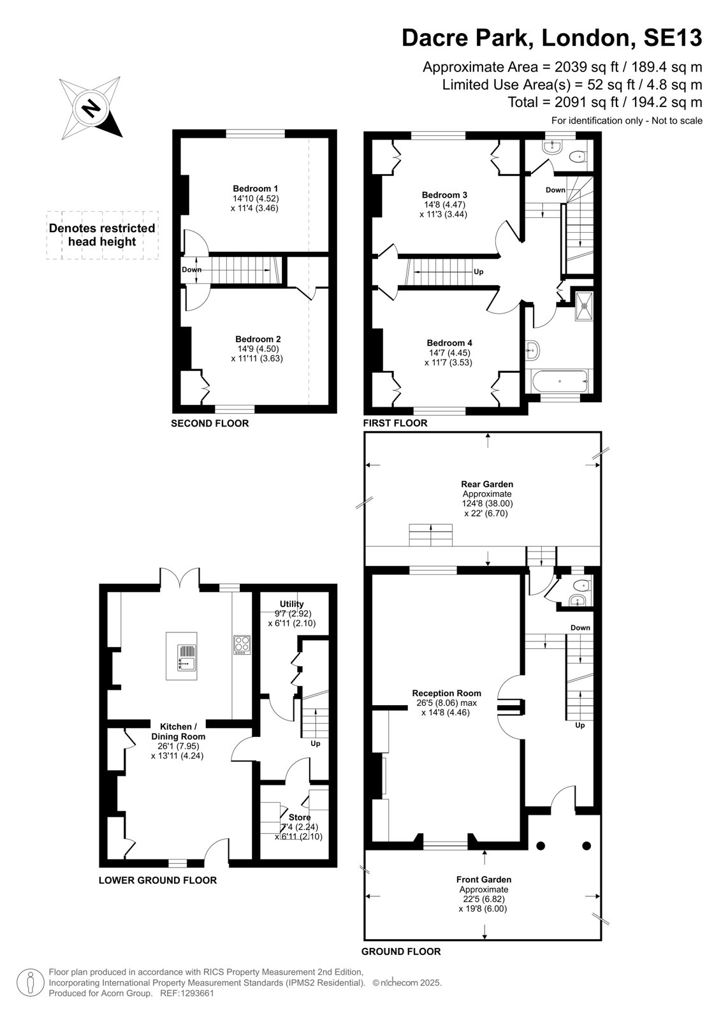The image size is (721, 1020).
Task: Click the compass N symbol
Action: point(92,108)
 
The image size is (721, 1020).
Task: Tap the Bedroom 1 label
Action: point(255,189)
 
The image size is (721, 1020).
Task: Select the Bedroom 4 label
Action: point(449,343)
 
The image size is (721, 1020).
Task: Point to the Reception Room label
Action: point(446,693)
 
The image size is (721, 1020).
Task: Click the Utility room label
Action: point(291,604)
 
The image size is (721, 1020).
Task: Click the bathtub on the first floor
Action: point(559,381)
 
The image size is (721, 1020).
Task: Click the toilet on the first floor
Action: point(577,157)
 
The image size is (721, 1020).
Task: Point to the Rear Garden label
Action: point(487,484)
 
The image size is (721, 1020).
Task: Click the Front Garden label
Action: point(484,879)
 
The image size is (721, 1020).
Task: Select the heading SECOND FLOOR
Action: point(210,423)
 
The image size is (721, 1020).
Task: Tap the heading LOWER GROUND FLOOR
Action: point(157,880)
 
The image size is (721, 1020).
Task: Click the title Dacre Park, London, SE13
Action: point(551,38)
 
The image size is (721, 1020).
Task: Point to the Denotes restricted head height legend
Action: point(102,235)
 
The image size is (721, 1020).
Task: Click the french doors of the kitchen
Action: point(179,576)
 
